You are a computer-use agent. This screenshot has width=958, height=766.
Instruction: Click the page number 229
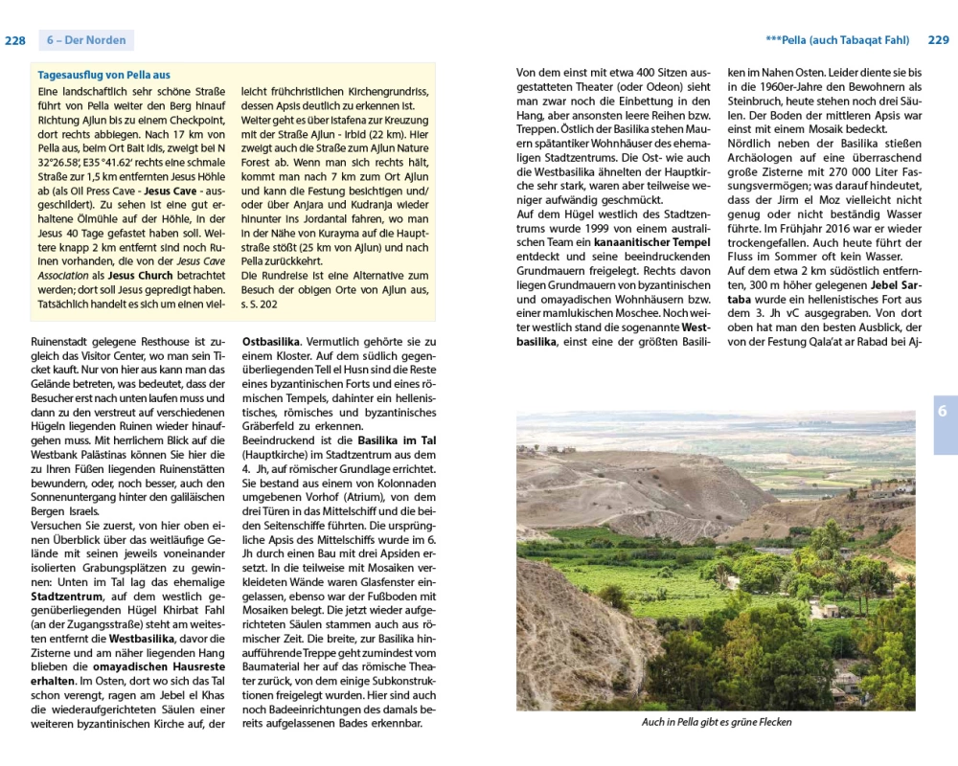pos(938,40)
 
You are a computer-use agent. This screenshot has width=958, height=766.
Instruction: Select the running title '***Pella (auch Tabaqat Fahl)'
pos(837,40)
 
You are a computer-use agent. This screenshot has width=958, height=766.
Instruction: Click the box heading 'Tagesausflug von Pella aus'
pos(103,75)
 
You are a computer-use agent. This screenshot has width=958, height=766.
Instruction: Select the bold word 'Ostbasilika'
pos(272,342)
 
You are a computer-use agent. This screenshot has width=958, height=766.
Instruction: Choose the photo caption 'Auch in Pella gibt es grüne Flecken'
pos(717,722)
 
